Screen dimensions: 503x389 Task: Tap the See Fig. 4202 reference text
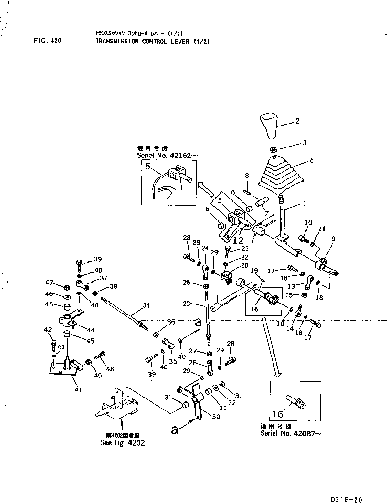point(123,442)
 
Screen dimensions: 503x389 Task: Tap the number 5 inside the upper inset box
point(147,166)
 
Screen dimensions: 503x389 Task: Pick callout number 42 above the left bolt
point(49,329)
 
